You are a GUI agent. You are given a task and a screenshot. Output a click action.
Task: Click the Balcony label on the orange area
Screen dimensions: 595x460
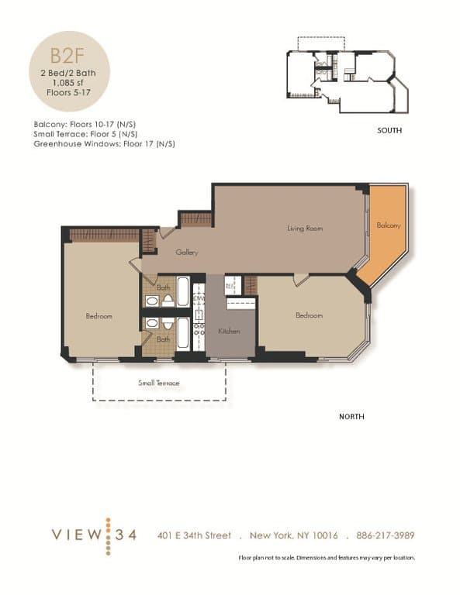(389, 225)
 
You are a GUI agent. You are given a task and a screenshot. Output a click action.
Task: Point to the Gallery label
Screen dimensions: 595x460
(187, 253)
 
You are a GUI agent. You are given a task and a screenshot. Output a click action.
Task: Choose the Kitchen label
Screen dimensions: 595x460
(229, 331)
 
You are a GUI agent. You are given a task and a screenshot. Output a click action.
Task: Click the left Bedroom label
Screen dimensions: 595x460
(99, 316)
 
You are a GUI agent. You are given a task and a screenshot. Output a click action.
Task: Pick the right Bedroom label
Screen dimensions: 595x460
(308, 315)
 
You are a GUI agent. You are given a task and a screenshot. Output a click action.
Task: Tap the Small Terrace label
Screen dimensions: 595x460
(159, 383)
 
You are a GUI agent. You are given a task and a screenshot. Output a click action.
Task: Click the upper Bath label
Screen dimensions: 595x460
(164, 287)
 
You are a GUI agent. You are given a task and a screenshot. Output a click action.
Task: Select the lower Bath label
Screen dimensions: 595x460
(164, 339)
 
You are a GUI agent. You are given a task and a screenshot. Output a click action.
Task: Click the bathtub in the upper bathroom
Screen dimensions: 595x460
(183, 292)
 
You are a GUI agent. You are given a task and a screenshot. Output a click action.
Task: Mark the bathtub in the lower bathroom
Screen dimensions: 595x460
(183, 333)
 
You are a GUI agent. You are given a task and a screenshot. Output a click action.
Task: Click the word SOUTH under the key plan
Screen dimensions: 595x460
(389, 131)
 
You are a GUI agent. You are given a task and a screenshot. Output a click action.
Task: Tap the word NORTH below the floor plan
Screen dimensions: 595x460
(351, 417)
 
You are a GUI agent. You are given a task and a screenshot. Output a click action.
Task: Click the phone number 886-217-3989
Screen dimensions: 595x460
(386, 536)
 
